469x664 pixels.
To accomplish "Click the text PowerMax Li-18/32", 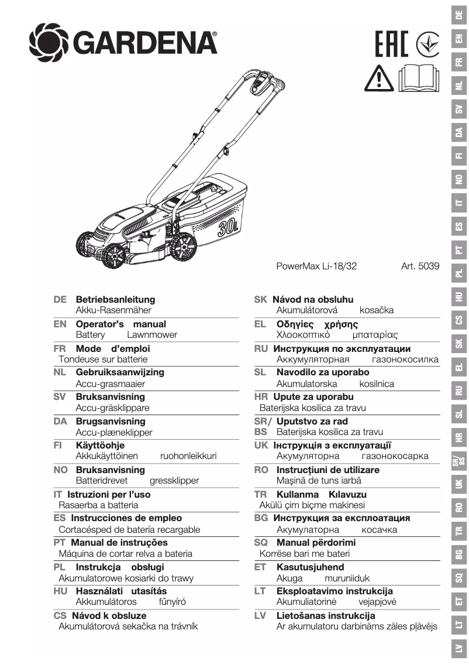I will [x=316, y=266].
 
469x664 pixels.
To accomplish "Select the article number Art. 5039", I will [x=420, y=266].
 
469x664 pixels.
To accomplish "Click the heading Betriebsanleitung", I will [x=115, y=299].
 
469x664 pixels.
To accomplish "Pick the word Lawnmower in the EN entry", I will [x=151, y=335].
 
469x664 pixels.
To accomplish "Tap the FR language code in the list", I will [x=59, y=348].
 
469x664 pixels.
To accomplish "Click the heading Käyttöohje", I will [x=100, y=445].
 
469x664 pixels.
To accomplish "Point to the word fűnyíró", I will [x=173, y=602].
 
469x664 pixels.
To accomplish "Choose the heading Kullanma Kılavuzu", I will [x=321, y=494].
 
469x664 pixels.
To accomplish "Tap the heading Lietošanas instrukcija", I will [x=325, y=616].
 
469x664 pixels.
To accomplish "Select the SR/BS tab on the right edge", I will [x=459, y=460].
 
